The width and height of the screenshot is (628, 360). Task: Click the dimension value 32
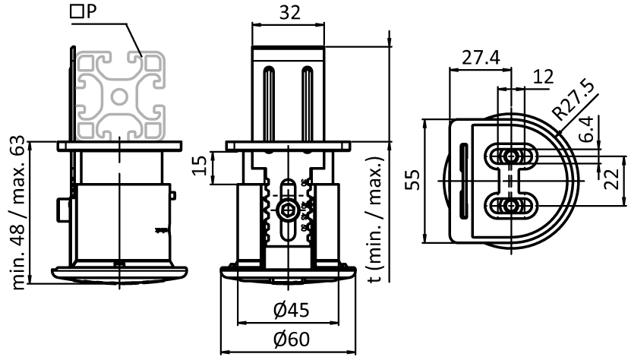click(x=289, y=13)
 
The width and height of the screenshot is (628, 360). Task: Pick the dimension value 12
click(x=542, y=77)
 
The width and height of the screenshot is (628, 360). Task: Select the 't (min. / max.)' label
click(x=374, y=220)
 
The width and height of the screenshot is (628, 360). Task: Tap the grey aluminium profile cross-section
click(x=121, y=96)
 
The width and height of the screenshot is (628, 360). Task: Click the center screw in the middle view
click(x=288, y=210)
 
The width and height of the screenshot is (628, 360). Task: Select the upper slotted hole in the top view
click(x=513, y=156)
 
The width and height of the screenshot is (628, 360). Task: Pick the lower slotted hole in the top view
click(x=513, y=204)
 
